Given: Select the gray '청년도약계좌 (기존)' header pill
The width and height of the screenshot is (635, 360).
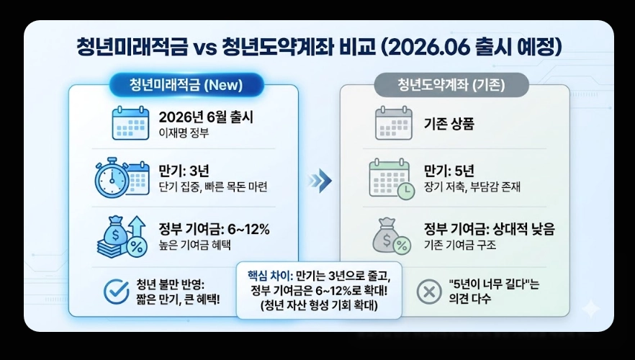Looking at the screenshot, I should pyautogui.click(x=451, y=84).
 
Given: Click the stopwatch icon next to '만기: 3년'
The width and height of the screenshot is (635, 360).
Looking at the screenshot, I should pyautogui.click(x=112, y=177).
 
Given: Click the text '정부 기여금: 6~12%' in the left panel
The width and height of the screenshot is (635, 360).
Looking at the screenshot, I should pyautogui.click(x=214, y=230).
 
